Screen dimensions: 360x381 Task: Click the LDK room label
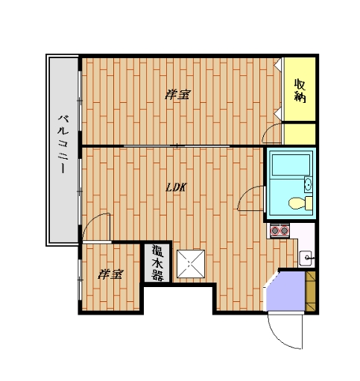point(176,187)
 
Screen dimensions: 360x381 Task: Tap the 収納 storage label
point(300,90)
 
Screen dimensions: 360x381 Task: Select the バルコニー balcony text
point(63,144)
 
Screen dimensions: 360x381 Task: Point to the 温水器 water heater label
point(157,262)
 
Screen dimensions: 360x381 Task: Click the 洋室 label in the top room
point(177,95)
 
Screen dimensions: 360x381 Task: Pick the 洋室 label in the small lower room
point(110,274)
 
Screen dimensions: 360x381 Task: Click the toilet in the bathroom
point(300,203)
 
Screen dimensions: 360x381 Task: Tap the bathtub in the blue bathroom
point(291,165)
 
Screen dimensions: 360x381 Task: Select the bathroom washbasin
point(308,184)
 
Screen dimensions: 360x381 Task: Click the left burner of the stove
point(275,230)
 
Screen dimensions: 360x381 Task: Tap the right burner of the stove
point(284,230)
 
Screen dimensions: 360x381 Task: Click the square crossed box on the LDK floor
point(191,264)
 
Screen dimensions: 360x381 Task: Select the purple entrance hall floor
point(285,291)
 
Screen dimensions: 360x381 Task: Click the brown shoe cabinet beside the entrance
point(311,291)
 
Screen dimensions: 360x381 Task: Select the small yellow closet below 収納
point(300,133)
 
